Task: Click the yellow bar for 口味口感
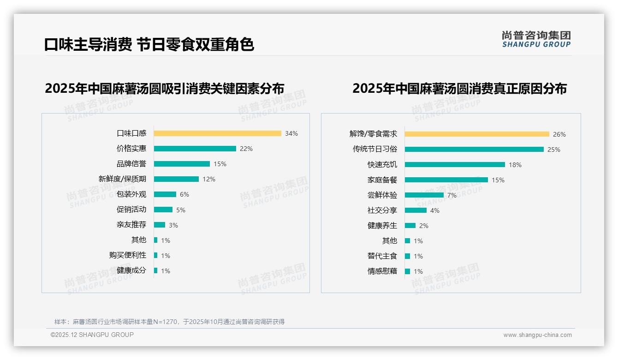tap(217, 133)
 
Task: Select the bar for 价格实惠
tap(195, 149)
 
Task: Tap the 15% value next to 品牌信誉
tap(220, 164)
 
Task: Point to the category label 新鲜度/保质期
tap(122, 179)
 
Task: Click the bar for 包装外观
tap(165, 194)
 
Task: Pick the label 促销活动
tap(131, 210)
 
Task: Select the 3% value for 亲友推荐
tap(173, 225)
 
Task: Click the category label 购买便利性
tap(128, 255)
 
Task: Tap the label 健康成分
tap(131, 270)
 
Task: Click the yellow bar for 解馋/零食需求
tap(477, 134)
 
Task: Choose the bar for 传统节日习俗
tap(474, 150)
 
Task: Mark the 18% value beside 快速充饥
tap(515, 165)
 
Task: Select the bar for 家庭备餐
tap(446, 180)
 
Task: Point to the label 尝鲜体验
tap(382, 195)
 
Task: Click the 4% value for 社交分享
tap(435, 210)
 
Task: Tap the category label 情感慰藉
tap(382, 271)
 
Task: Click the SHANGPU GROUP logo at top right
tap(536, 39)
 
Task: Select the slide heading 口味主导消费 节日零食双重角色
tap(149, 44)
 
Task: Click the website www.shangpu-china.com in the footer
tap(537, 335)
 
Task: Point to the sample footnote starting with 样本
tap(169, 322)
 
